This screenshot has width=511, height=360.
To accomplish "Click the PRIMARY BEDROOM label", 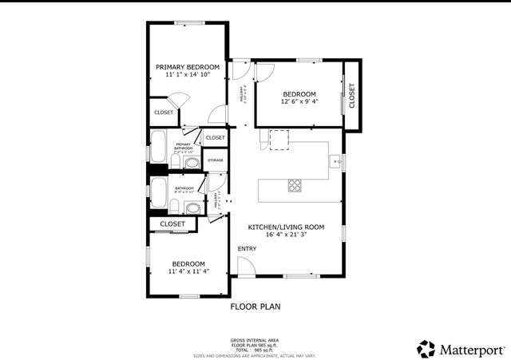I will click(188, 67).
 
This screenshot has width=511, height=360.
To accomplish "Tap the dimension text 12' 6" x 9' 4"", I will click(299, 101).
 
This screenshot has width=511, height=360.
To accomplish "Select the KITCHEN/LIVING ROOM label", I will click(286, 227).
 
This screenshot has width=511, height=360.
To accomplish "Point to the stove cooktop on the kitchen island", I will click(295, 187).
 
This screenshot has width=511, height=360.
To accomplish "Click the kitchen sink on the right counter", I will click(335, 161).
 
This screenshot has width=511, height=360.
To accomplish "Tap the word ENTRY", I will click(248, 249).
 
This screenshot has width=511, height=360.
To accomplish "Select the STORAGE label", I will click(216, 161).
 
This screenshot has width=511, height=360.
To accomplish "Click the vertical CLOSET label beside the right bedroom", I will click(351, 97).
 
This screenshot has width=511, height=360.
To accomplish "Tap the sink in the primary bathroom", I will click(192, 163).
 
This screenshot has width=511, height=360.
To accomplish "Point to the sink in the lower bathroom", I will click(192, 208).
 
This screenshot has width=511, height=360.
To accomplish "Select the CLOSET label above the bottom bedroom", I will click(172, 224).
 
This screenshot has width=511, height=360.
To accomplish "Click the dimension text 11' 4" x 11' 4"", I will click(188, 271).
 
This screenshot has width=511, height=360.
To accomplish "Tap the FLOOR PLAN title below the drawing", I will click(255, 306).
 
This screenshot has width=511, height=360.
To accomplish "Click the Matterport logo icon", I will click(426, 349).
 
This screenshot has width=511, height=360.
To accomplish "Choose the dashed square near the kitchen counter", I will click(278, 140).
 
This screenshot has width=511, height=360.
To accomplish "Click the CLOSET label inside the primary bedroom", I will click(164, 113).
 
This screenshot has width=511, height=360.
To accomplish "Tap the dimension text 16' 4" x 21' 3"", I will click(286, 235).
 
